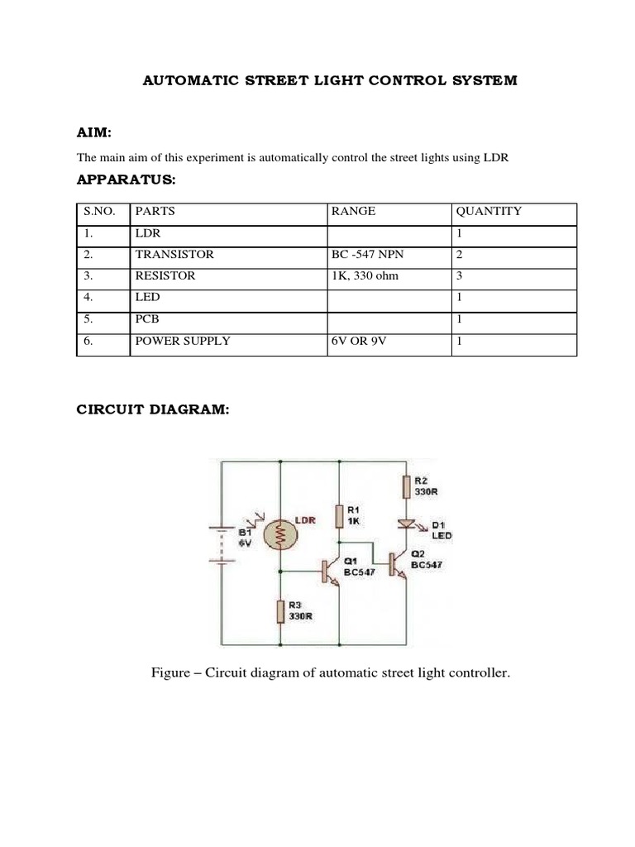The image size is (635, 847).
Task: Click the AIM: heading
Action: coord(94,133)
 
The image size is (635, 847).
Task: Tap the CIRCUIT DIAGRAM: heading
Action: coord(152,411)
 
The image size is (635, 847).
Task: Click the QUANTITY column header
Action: coord(489,211)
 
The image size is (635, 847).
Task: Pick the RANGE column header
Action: coord(353,211)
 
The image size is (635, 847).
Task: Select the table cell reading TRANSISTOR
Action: coord(174,254)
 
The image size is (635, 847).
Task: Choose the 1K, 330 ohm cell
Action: coord(365,275)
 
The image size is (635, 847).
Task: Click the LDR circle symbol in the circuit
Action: coord(280,535)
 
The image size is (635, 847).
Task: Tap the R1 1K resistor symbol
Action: coord(339,516)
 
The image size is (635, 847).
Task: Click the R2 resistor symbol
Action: coord(406,486)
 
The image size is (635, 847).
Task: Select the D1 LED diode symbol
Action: coord(407,524)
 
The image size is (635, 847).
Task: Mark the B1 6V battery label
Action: coord(245,538)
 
